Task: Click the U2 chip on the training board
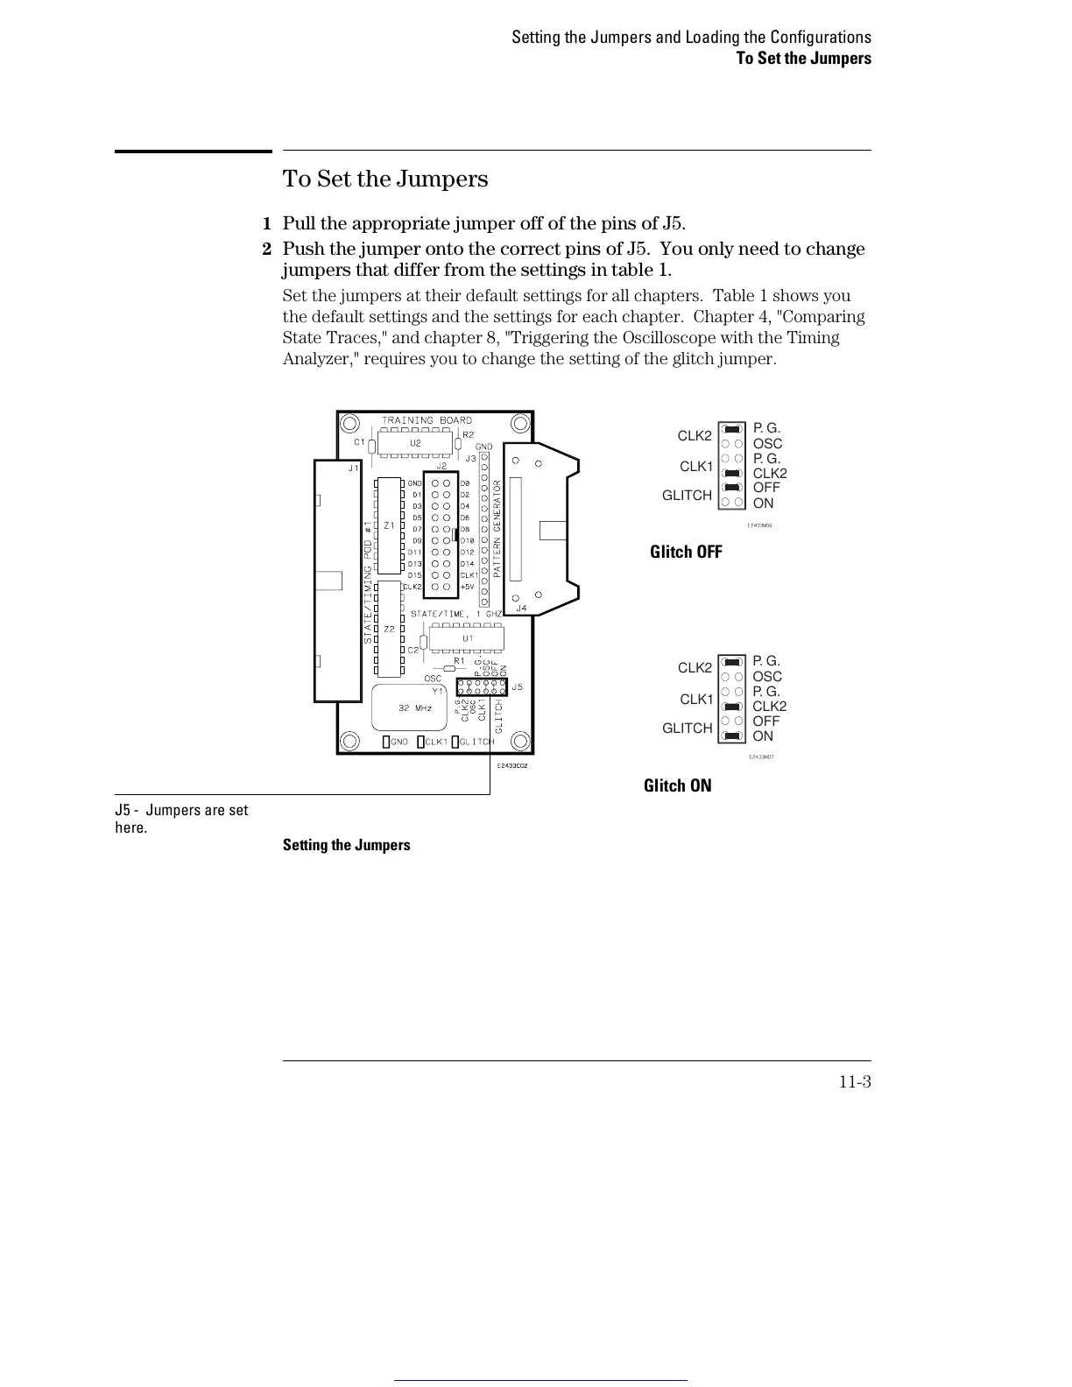(x=415, y=444)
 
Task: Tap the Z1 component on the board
(x=388, y=525)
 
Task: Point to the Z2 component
(x=388, y=629)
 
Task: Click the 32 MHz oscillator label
(x=414, y=708)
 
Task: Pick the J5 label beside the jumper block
(x=517, y=686)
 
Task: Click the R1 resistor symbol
(x=450, y=668)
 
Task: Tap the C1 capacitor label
(x=358, y=442)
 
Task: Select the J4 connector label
(x=521, y=607)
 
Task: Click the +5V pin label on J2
(x=468, y=587)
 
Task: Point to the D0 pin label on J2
(x=465, y=483)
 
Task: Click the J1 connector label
(x=353, y=468)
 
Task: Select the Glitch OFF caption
(x=686, y=552)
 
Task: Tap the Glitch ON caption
(x=677, y=785)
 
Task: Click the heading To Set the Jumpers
(x=385, y=180)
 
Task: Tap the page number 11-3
(x=854, y=1082)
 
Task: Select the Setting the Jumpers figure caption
(x=346, y=845)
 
